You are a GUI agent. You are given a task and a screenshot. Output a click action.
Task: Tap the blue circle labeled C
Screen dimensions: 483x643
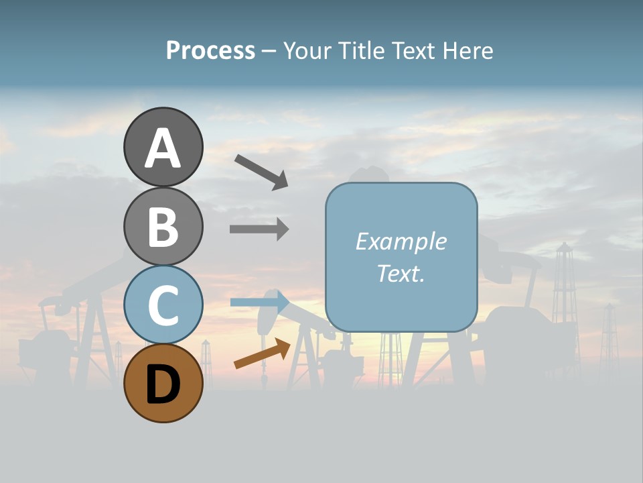pyautogui.click(x=163, y=305)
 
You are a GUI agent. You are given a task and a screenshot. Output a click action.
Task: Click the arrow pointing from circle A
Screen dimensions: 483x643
pyautogui.click(x=261, y=172)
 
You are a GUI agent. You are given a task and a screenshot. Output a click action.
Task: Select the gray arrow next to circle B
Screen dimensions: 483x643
pyautogui.click(x=259, y=229)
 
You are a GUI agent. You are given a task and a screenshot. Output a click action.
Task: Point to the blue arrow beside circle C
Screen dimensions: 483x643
pyautogui.click(x=260, y=302)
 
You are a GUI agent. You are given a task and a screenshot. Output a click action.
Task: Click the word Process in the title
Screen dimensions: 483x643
pyautogui.click(x=210, y=50)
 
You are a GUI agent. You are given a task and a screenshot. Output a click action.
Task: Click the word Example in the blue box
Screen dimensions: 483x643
pyautogui.click(x=401, y=241)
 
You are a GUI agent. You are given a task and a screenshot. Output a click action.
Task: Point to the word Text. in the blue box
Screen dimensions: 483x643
pyautogui.click(x=401, y=273)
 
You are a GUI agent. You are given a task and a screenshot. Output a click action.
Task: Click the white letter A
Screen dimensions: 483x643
pyautogui.click(x=163, y=148)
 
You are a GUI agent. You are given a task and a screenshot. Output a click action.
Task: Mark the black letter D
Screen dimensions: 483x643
pyautogui.click(x=163, y=385)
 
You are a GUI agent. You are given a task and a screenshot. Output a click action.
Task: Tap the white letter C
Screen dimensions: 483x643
pyautogui.click(x=163, y=306)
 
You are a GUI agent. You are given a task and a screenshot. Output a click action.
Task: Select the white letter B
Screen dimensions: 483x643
pyautogui.click(x=163, y=227)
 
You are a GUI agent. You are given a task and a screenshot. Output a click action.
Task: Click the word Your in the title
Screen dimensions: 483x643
pyautogui.click(x=307, y=50)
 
